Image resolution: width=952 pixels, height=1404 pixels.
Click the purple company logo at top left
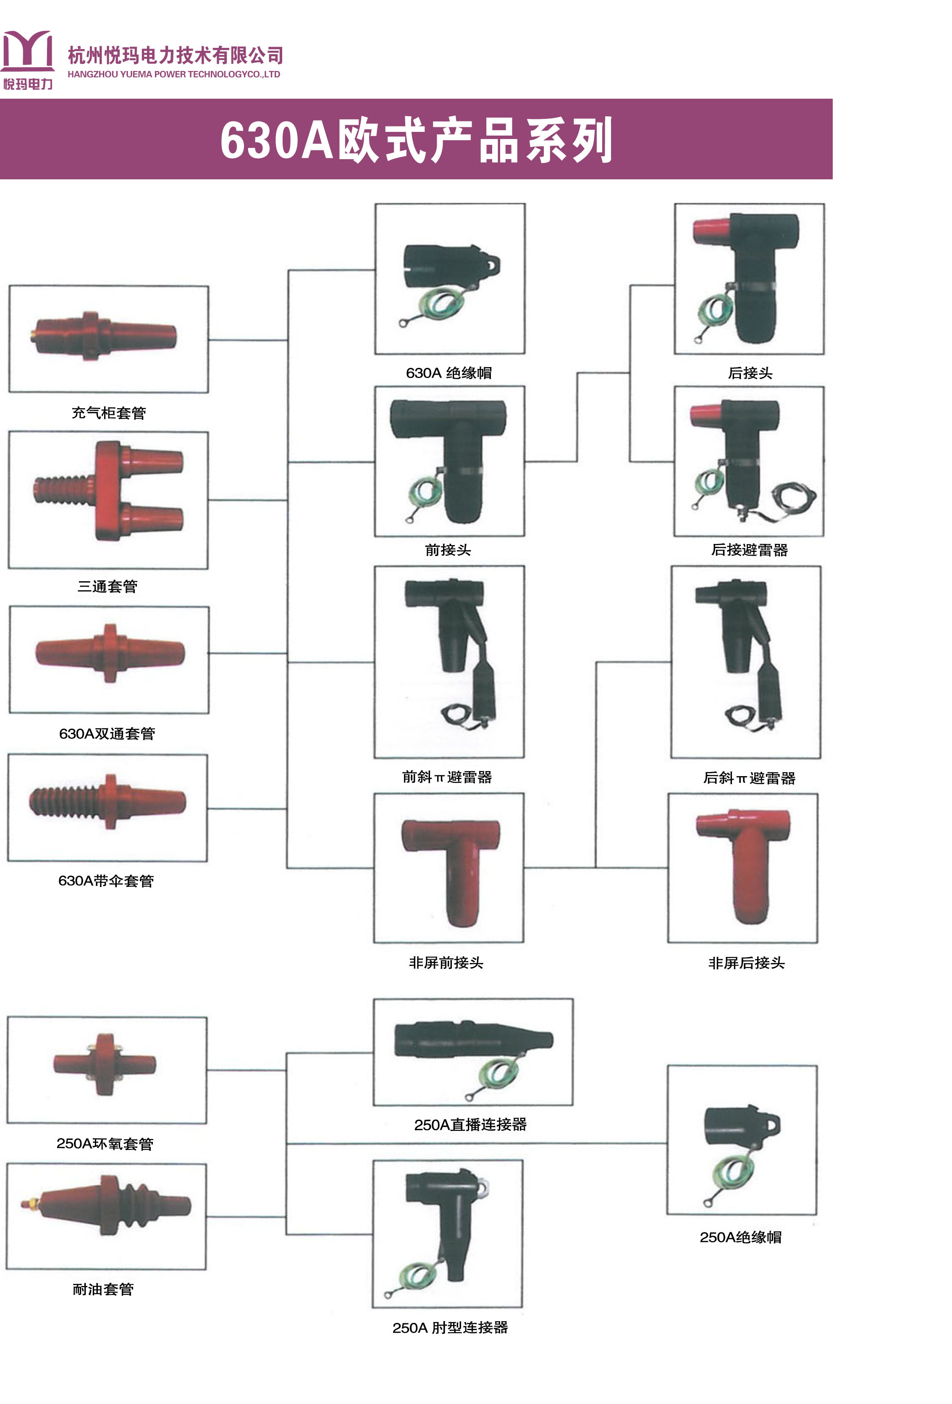pos(27,59)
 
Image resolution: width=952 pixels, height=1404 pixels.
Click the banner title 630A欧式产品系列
pos(416,140)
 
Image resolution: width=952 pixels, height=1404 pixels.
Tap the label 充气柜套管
pos(109,413)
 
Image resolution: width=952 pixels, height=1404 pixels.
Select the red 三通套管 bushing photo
pos(109,491)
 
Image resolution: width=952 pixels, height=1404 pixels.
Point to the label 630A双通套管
pos(107,733)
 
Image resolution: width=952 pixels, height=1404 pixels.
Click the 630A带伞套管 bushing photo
pos(108,802)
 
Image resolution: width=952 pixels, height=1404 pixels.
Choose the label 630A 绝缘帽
pos(449,373)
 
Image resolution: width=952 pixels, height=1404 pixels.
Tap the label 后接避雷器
pos(749,550)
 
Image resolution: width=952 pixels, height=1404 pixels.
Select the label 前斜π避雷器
pos(447,777)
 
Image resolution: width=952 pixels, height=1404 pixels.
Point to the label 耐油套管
pos(103,1289)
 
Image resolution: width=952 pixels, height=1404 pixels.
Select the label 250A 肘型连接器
pos(450,1327)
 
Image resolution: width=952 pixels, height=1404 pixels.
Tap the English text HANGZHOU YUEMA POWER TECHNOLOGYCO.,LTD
pos(174,74)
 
